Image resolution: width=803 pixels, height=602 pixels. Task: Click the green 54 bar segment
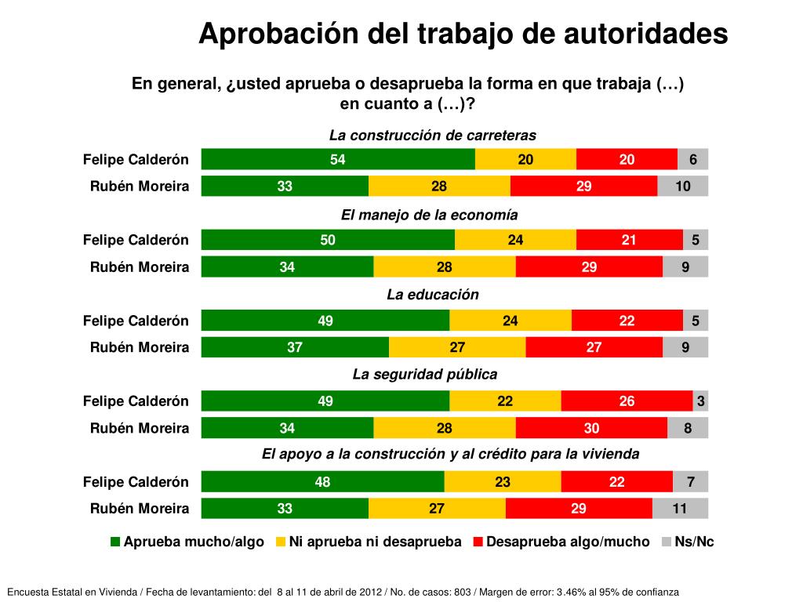click(x=338, y=159)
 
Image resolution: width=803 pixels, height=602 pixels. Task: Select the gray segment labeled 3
click(x=700, y=401)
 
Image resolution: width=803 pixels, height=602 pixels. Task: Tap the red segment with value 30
click(x=591, y=428)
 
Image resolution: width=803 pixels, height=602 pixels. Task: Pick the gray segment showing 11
click(x=680, y=509)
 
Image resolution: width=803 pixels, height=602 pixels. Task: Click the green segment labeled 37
click(x=295, y=347)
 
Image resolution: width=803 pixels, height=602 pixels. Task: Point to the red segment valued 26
click(x=627, y=401)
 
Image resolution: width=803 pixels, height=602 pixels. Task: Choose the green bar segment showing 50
click(x=328, y=240)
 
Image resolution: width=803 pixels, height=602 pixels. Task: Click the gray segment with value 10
click(x=683, y=187)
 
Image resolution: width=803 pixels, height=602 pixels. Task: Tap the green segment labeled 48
click(x=322, y=482)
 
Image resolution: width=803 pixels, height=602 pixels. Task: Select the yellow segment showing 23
click(x=503, y=482)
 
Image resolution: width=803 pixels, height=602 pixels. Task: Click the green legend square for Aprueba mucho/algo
click(x=115, y=542)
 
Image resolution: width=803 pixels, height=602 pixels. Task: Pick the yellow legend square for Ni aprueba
click(x=281, y=542)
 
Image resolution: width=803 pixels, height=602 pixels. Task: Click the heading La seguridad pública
click(x=424, y=374)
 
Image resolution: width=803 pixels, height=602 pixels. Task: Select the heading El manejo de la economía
click(x=429, y=214)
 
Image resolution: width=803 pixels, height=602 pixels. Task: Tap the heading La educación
click(x=432, y=294)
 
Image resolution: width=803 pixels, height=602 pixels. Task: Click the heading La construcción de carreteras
click(x=432, y=135)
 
